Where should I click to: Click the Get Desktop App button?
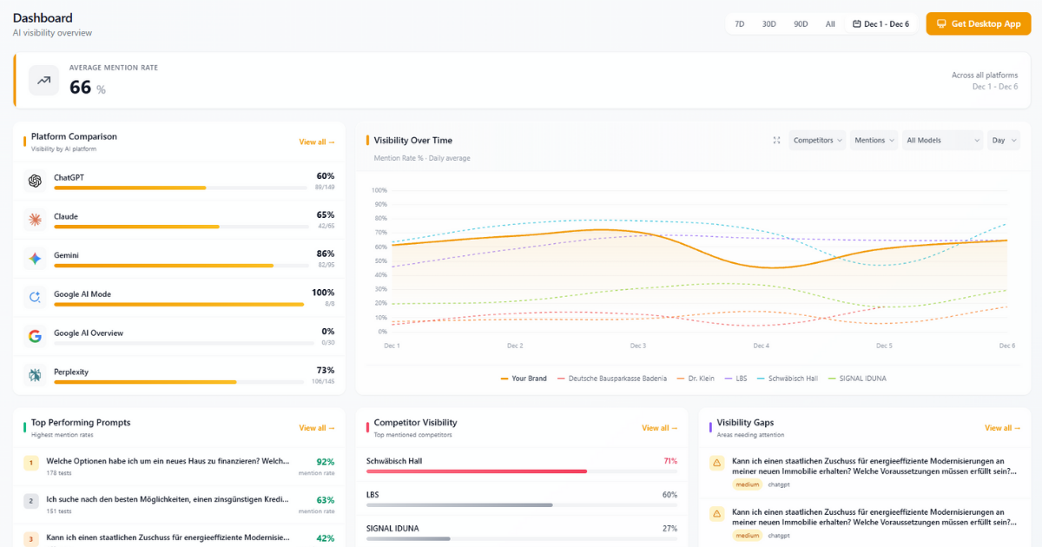(978, 24)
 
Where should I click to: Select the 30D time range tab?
(768, 24)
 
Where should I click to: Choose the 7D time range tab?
(740, 24)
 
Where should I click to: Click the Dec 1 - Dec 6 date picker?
(880, 24)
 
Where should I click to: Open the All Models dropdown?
(942, 141)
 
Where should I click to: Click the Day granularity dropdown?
(1003, 141)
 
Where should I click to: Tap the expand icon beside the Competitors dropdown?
(776, 141)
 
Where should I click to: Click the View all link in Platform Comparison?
(317, 142)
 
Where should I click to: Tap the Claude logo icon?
(35, 220)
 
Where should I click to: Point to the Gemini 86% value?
(326, 254)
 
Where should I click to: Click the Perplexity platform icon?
(35, 375)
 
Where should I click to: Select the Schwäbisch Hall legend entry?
(788, 379)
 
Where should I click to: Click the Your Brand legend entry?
(524, 379)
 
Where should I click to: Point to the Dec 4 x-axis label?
(761, 346)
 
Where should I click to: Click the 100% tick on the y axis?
(379, 190)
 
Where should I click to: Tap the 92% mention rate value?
(325, 463)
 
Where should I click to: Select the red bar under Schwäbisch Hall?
(477, 471)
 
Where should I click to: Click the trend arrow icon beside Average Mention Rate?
(43, 81)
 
